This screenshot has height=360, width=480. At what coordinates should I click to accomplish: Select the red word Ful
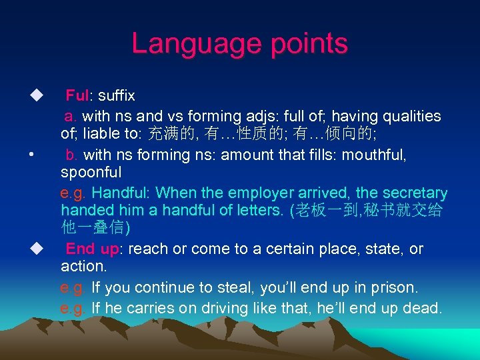pyautogui.click(x=77, y=97)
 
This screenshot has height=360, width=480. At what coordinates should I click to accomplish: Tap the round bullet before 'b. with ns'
pyautogui.click(x=32, y=155)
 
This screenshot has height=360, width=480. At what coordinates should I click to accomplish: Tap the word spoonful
pyautogui.click(x=91, y=173)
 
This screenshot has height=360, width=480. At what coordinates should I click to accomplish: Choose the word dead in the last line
pyautogui.click(x=423, y=309)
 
